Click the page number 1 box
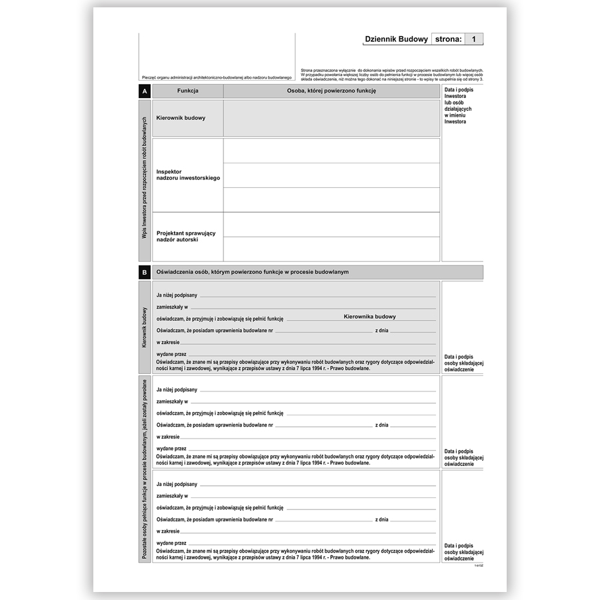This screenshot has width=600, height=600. (473, 39)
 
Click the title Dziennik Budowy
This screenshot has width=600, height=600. (396, 39)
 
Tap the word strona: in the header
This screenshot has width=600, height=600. (448, 39)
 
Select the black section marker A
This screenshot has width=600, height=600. (145, 91)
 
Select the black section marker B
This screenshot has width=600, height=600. (145, 272)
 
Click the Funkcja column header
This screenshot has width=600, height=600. (188, 91)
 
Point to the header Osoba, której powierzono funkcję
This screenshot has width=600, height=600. (331, 91)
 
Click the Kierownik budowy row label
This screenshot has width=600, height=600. (181, 118)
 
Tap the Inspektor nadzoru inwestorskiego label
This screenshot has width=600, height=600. (187, 175)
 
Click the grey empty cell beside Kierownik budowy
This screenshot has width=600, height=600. (331, 118)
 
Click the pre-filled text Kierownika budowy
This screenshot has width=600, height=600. (369, 317)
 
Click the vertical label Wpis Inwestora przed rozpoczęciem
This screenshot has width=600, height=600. (145, 180)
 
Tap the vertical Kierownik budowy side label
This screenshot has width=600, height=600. (145, 327)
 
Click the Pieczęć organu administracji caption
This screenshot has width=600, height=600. (217, 78)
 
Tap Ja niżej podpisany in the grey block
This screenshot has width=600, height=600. (177, 295)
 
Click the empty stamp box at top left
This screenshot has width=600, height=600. (217, 52)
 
